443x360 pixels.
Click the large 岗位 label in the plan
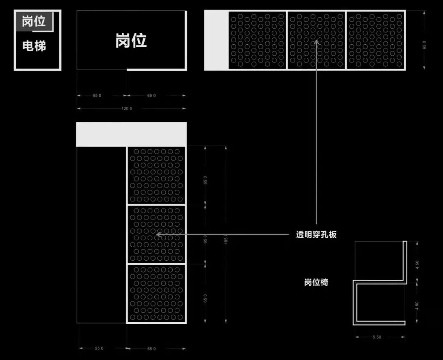[131, 41]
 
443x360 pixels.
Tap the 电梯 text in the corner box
[34, 46]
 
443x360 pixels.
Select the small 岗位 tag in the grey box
[34, 21]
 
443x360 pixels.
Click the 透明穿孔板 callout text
[316, 235]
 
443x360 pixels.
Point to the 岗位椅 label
[316, 282]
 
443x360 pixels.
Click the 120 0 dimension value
[127, 109]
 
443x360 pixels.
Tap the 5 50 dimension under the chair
[377, 337]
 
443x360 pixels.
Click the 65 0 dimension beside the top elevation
[424, 45]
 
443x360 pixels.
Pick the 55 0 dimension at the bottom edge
[99, 349]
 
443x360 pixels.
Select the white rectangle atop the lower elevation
[131, 134]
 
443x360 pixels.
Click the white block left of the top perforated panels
[216, 40]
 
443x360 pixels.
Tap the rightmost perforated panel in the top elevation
[375, 40]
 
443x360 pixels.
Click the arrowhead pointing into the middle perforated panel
[158, 235]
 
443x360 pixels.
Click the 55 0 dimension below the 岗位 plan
[97, 96]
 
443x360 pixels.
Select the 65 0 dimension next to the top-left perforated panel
[205, 180]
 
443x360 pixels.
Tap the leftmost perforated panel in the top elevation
[257, 40]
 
